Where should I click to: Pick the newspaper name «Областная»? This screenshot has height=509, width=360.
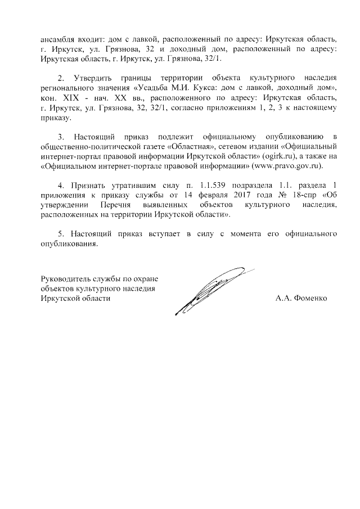click(191, 147)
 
